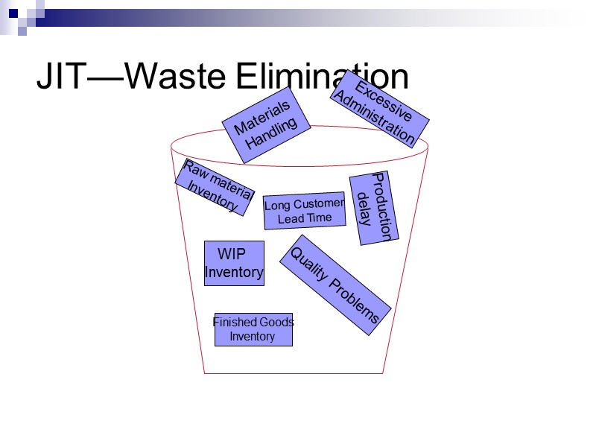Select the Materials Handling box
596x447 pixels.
click(267, 125)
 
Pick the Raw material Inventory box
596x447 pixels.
click(215, 187)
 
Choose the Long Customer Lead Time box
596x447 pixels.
click(305, 212)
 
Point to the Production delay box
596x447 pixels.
click(374, 209)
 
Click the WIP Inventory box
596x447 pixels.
click(234, 263)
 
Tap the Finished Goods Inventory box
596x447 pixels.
click(253, 329)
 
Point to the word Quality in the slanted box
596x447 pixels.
click(309, 264)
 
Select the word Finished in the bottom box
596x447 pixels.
click(235, 323)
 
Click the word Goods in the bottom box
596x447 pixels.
click(276, 323)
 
